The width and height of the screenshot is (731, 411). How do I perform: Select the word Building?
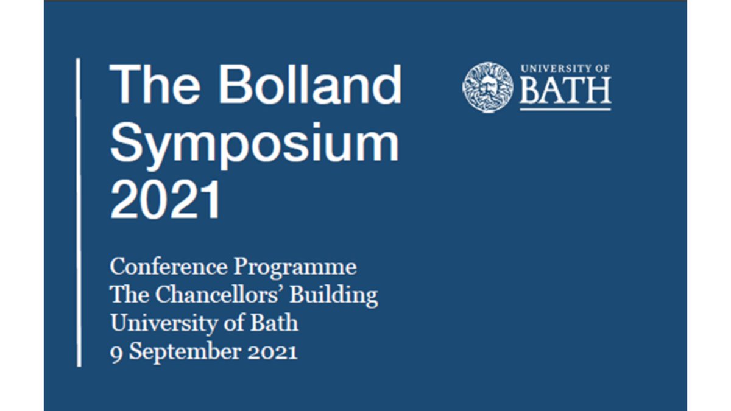[333, 296]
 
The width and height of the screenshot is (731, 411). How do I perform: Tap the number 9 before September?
[115, 351]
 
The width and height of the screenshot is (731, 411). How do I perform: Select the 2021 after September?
[271, 351]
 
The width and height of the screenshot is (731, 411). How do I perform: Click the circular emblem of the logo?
[487, 86]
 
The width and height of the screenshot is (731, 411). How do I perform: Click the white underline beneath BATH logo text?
[565, 109]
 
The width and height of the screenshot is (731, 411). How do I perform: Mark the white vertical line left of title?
[79, 213]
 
